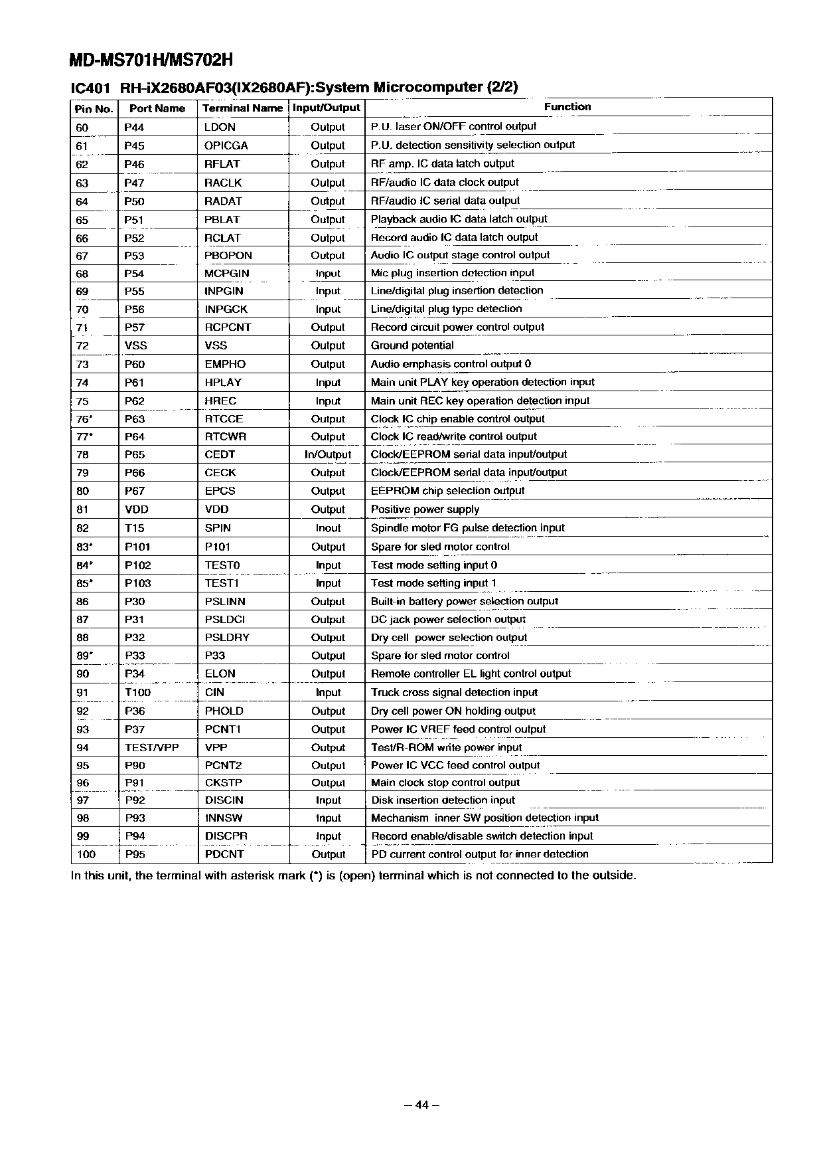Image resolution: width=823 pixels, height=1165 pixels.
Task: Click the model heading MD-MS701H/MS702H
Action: pyautogui.click(x=152, y=60)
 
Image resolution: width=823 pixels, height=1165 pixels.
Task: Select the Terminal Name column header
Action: pyautogui.click(x=242, y=108)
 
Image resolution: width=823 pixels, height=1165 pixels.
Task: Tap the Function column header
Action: pyautogui.click(x=567, y=106)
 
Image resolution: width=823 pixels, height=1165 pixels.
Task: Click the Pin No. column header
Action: pyautogui.click(x=94, y=108)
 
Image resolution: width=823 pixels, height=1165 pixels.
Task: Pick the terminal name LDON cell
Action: pyautogui.click(x=220, y=127)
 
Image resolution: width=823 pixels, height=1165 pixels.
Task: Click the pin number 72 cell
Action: pyautogui.click(x=82, y=345)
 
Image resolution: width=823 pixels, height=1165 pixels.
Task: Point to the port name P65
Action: pyautogui.click(x=135, y=455)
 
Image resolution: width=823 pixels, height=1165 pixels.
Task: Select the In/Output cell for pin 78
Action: pyautogui.click(x=328, y=455)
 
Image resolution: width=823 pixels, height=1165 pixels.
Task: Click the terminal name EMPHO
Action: pyautogui.click(x=225, y=364)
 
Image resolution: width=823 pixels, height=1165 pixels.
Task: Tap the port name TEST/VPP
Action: pyautogui.click(x=152, y=747)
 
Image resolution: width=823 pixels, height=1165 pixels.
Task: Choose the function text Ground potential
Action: pyautogui.click(x=412, y=345)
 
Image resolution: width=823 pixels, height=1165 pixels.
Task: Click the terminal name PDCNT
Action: pyautogui.click(x=224, y=854)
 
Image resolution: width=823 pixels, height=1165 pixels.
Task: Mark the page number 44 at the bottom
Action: pyautogui.click(x=422, y=1105)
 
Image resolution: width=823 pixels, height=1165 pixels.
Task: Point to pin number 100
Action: pyautogui.click(x=86, y=854)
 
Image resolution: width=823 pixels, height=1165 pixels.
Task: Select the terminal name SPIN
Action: pyautogui.click(x=218, y=528)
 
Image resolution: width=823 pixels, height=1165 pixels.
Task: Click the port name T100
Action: pyautogui.click(x=138, y=692)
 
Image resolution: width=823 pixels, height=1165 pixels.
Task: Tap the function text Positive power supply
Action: pyautogui.click(x=425, y=509)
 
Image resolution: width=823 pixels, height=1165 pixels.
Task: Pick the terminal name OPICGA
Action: pyautogui.click(x=226, y=145)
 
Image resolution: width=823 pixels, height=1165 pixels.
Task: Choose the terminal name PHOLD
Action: pyautogui.click(x=224, y=711)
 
